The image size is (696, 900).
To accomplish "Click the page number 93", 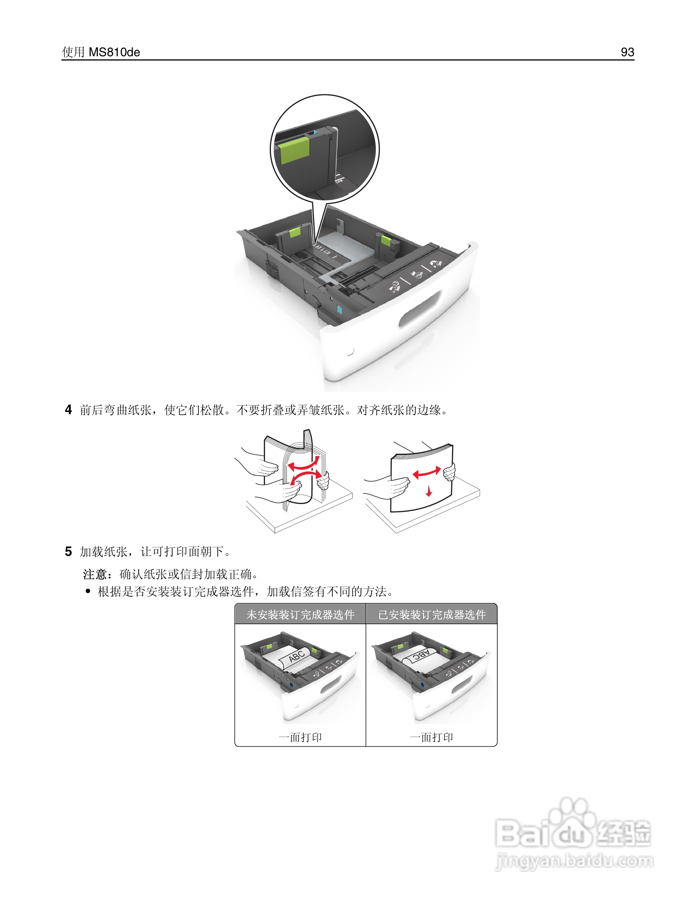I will (x=627, y=52).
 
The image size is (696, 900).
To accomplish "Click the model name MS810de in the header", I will (x=114, y=52).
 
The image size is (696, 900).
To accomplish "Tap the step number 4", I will (x=69, y=410).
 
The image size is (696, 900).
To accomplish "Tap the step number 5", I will (x=69, y=551).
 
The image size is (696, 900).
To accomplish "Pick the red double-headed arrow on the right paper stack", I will (x=427, y=473).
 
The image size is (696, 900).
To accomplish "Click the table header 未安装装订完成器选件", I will (x=300, y=615).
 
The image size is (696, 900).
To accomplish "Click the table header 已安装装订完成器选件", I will (x=432, y=615).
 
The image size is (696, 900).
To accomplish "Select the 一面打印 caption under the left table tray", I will (x=300, y=737).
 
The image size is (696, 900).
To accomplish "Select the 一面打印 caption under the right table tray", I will (x=431, y=737).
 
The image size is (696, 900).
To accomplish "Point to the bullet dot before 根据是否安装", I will (x=88, y=592).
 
